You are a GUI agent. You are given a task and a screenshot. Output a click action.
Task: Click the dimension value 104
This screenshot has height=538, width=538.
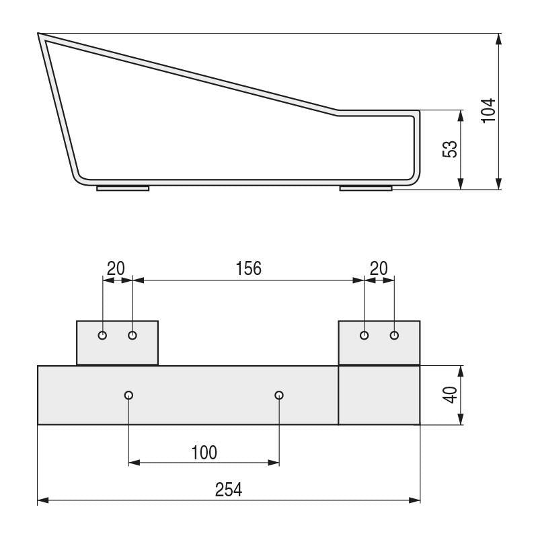point(489,110)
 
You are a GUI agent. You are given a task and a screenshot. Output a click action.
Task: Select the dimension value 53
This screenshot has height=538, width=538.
point(451,149)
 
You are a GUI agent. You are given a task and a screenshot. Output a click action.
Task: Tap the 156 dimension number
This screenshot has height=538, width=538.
point(248,268)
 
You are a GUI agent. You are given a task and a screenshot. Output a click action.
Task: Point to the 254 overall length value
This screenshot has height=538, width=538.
point(229,489)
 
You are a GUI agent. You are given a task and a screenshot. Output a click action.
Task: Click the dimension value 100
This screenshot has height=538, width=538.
point(204,452)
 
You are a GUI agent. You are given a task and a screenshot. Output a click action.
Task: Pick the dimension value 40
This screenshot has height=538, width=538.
point(451,395)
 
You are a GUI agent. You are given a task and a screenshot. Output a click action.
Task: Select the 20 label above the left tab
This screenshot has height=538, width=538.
point(116,268)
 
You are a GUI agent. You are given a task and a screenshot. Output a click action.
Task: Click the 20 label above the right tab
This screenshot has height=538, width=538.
point(379,268)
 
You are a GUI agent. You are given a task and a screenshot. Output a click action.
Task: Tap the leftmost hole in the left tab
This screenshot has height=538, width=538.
point(102,335)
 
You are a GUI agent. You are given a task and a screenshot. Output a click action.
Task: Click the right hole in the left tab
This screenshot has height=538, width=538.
point(132,335)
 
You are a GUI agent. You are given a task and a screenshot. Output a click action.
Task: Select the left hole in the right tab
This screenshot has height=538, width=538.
point(364,335)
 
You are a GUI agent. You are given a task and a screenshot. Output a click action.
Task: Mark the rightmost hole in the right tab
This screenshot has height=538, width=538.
point(394,335)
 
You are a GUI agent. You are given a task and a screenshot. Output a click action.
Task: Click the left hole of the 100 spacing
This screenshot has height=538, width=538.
point(128,395)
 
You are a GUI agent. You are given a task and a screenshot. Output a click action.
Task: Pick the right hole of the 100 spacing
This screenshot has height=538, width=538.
point(279,395)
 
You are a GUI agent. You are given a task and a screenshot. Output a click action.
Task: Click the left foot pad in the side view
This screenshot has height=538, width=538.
point(122,188)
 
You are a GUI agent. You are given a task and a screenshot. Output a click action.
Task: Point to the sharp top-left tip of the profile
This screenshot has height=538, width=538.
point(39,34)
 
